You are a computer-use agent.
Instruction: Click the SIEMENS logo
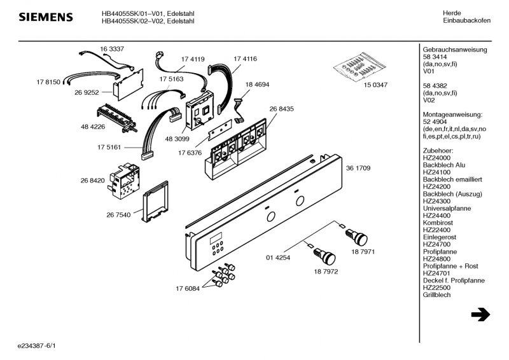click(45, 17)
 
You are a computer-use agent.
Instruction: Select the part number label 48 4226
click(75, 127)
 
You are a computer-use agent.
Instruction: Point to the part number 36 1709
click(358, 169)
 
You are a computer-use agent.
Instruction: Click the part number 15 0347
click(375, 85)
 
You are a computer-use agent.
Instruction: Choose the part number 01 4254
click(278, 258)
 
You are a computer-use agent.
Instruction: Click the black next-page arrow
click(480, 314)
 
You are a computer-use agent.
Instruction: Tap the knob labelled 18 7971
click(356, 238)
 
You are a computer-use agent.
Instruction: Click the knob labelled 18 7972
click(326, 258)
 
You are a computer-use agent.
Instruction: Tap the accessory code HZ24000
click(436, 157)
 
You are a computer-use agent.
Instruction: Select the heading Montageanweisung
click(452, 114)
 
